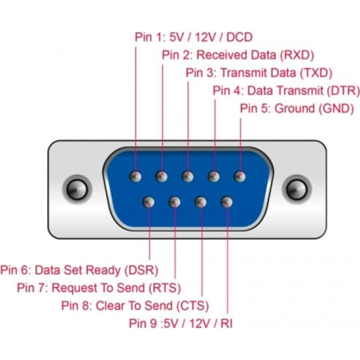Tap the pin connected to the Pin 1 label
(135, 176)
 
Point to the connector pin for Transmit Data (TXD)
(187, 176)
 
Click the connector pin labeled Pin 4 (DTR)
(214, 176)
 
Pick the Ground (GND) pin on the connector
(240, 176)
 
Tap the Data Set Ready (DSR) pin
(148, 202)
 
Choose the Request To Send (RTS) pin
(174, 202)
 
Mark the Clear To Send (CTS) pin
(201, 202)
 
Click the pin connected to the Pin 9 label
(227, 202)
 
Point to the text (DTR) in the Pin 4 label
(343, 90)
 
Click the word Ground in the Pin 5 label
(294, 108)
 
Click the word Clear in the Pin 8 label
(108, 306)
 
